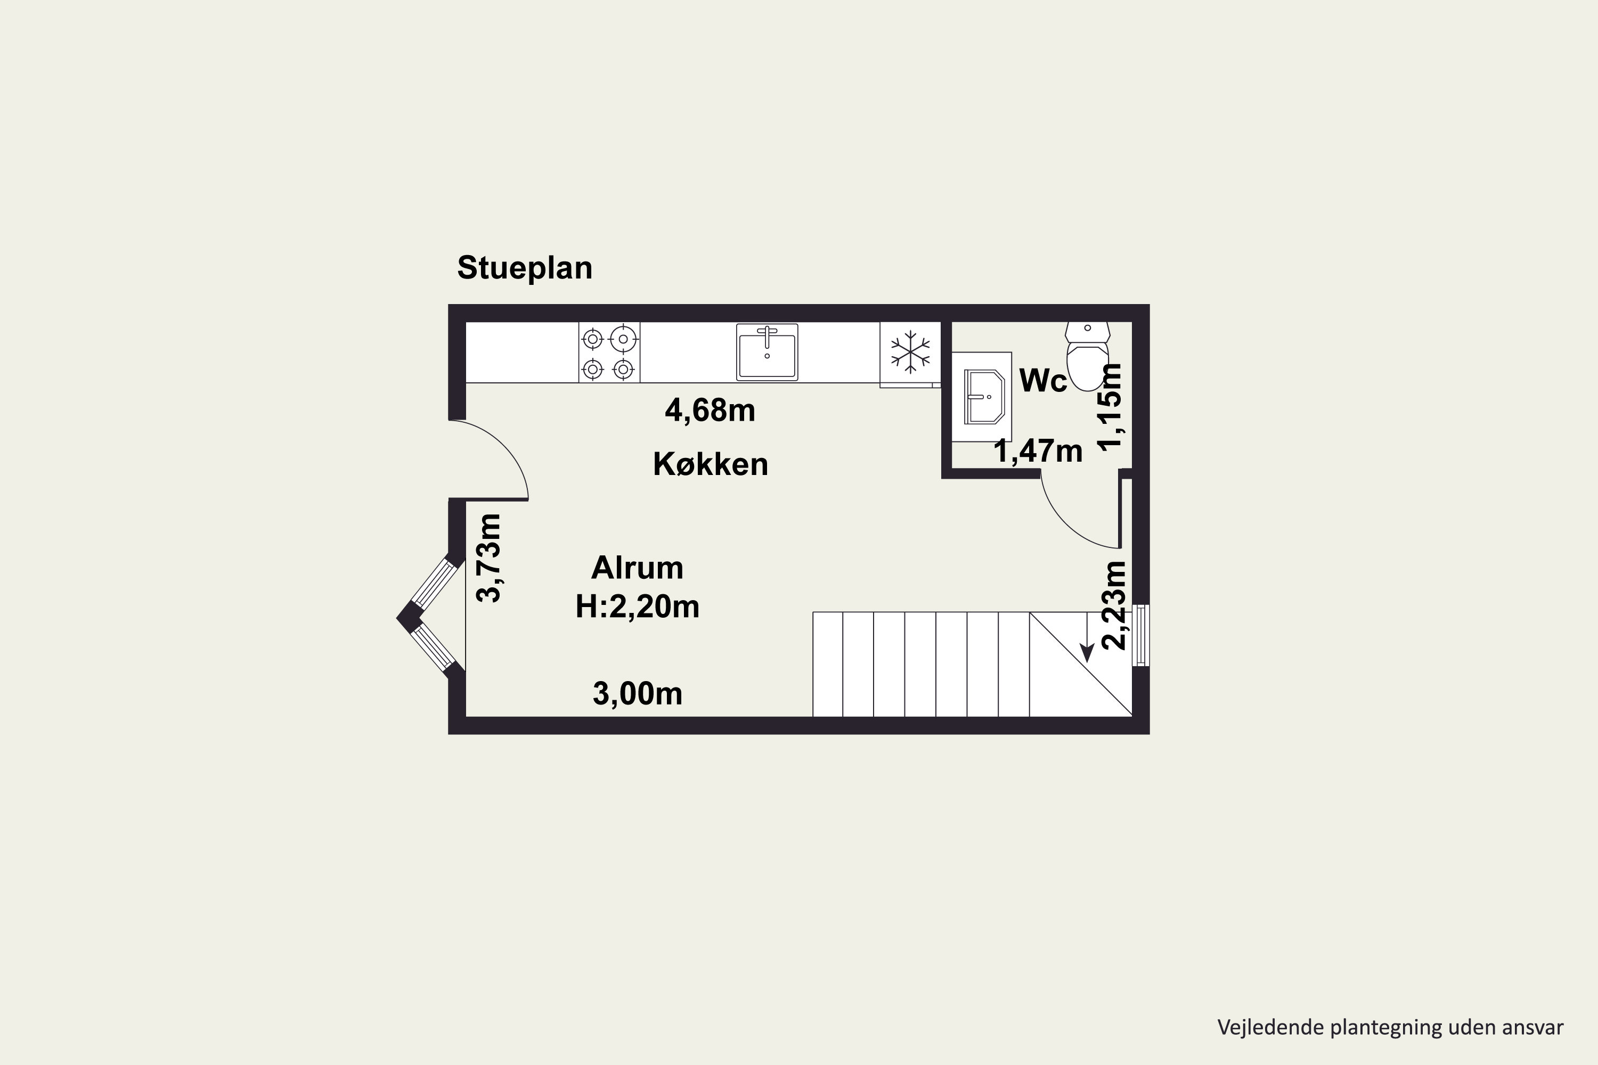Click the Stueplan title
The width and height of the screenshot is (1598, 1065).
[525, 268]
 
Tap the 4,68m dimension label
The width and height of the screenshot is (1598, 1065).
[710, 410]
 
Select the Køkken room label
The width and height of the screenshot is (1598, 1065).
[711, 464]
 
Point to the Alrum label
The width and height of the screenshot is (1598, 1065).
[637, 568]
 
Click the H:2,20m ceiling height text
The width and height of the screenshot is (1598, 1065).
[637, 607]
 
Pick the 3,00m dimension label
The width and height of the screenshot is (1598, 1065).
[637, 693]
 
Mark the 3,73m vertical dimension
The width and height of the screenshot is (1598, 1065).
[489, 558]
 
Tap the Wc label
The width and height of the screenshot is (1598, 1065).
[1043, 381]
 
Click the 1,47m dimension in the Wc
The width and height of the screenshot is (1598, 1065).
[1038, 451]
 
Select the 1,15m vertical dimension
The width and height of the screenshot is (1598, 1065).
[1110, 406]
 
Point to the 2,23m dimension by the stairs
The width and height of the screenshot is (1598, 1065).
[1114, 605]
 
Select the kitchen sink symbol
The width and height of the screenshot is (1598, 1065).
[767, 352]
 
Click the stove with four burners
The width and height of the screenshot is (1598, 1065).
[609, 353]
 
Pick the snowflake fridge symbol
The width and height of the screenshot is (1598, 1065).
[910, 352]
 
